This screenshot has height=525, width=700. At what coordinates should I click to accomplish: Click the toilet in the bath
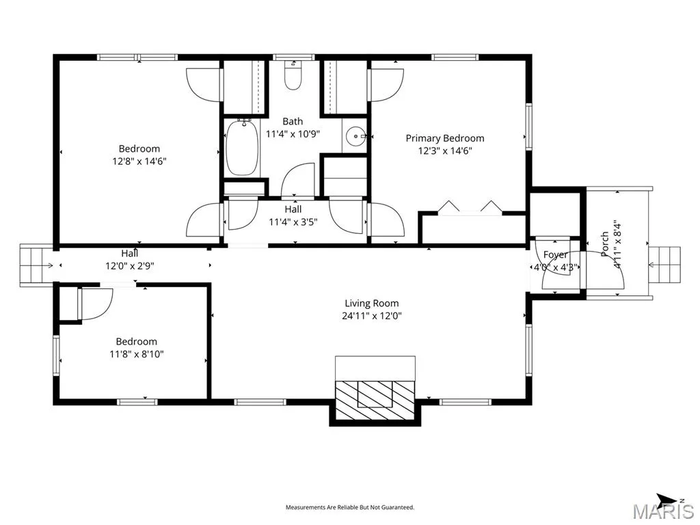click(x=293, y=75)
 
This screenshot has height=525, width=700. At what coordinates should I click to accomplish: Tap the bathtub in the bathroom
click(x=243, y=148)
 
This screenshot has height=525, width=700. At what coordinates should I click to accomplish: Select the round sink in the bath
click(x=355, y=135)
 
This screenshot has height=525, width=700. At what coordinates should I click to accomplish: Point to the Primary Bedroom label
click(x=444, y=138)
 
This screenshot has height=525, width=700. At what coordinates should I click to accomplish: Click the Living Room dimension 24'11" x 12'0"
click(x=372, y=316)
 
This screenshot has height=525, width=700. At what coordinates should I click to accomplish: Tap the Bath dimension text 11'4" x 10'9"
click(x=293, y=134)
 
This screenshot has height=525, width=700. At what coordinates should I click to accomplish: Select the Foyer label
click(x=555, y=255)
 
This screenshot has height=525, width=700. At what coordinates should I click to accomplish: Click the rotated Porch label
click(x=605, y=244)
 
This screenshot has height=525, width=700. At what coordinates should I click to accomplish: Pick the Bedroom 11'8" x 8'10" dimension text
click(x=137, y=355)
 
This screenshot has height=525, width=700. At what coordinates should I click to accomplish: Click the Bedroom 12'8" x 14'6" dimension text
click(x=139, y=161)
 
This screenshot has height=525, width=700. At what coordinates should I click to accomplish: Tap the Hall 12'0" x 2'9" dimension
click(x=129, y=266)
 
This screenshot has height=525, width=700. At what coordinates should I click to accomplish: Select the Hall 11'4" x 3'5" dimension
click(x=293, y=222)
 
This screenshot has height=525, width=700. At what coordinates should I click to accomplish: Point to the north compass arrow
click(x=666, y=498)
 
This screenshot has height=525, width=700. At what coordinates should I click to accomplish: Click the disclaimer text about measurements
click(x=350, y=507)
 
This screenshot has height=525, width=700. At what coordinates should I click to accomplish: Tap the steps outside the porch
click(x=664, y=265)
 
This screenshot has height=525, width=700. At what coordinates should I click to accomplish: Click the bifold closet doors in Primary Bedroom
click(x=470, y=208)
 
